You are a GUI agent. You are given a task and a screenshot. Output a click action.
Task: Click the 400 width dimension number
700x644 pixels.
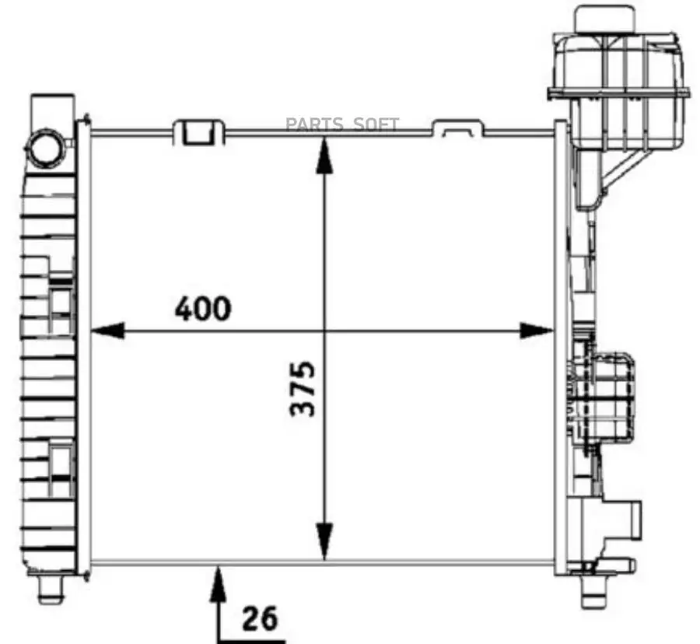(x=203, y=309)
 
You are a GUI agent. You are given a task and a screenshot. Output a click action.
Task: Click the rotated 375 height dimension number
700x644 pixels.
(x=303, y=388)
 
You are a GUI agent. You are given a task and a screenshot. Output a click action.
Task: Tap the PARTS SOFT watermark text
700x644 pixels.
(x=342, y=124)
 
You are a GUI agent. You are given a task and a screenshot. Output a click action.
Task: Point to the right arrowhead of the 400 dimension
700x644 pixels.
(x=537, y=331)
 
